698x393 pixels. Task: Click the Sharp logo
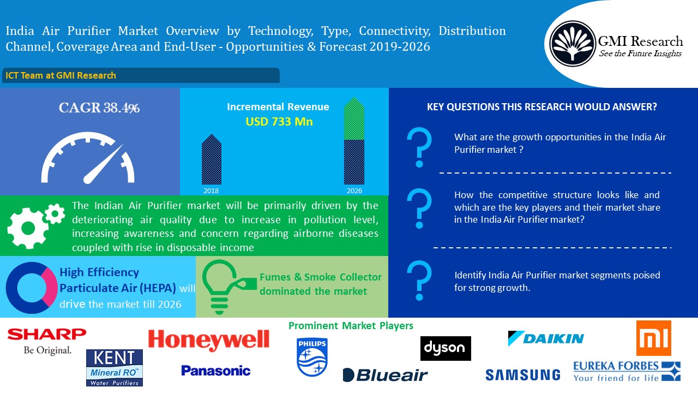pyautogui.click(x=47, y=341)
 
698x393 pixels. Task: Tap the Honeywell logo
pyautogui.click(x=208, y=341)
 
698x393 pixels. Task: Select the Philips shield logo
pyautogui.click(x=312, y=357)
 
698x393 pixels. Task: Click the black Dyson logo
pyautogui.click(x=446, y=348)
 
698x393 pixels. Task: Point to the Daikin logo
pyautogui.click(x=546, y=338)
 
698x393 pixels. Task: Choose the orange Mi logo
pyautogui.click(x=653, y=338)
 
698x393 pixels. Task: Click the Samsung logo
pyautogui.click(x=523, y=374)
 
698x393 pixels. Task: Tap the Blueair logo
pyautogui.click(x=385, y=375)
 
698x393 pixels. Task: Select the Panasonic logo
pyautogui.click(x=215, y=371)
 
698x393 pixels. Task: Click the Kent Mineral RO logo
pyautogui.click(x=115, y=368)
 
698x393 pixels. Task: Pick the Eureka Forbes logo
pyautogui.click(x=627, y=372)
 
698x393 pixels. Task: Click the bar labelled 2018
pyautogui.click(x=212, y=159)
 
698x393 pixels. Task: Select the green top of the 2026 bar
pyautogui.click(x=354, y=118)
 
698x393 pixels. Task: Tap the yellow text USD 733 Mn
pyautogui.click(x=279, y=122)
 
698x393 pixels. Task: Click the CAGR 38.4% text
pyautogui.click(x=99, y=108)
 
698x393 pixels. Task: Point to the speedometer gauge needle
pyautogui.click(x=103, y=164)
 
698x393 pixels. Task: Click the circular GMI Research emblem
pyautogui.click(x=572, y=44)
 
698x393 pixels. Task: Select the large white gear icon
pyautogui.click(x=28, y=228)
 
